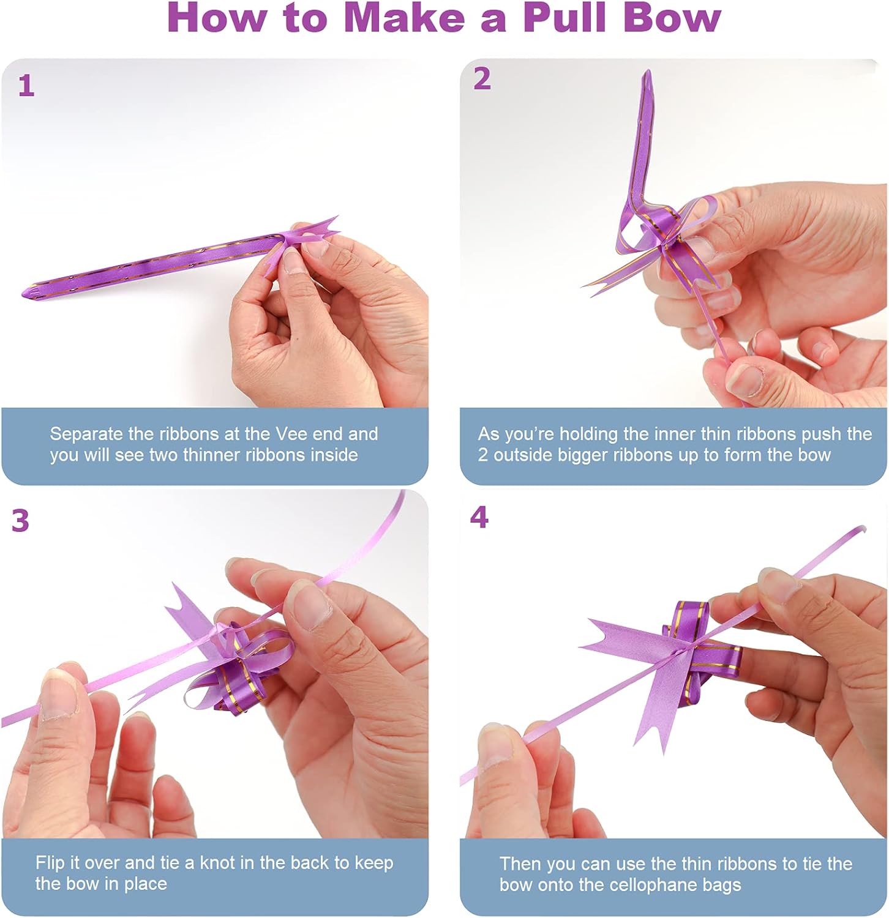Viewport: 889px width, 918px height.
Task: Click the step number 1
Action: click(26, 86)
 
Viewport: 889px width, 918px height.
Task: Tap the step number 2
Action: click(482, 79)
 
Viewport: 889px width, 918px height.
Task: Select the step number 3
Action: click(20, 521)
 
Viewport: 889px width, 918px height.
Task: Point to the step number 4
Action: click(479, 517)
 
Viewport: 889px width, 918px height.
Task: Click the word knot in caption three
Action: click(217, 863)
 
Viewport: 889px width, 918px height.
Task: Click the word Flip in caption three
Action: click(50, 863)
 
